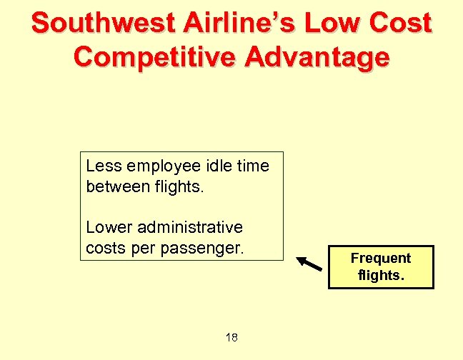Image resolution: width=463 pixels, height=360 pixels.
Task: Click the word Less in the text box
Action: tap(102, 166)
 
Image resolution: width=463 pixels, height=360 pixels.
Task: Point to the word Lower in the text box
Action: tap(107, 228)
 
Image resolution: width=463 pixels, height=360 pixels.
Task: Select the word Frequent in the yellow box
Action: tap(380, 258)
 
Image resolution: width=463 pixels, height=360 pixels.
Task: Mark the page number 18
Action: tap(231, 337)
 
